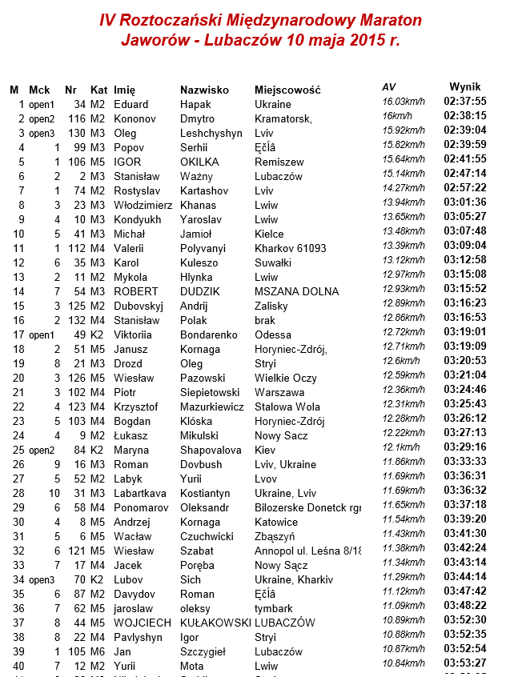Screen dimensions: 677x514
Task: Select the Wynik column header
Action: click(465, 86)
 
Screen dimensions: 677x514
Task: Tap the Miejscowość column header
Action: click(287, 90)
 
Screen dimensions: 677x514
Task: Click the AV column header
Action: click(388, 86)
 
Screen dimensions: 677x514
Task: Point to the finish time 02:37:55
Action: click(465, 102)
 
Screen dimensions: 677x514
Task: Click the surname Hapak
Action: click(195, 104)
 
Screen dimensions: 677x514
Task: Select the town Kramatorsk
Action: click(283, 118)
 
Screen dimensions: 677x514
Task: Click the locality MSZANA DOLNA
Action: click(294, 291)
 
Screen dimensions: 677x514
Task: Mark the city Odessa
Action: click(273, 334)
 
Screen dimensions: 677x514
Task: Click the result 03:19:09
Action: click(465, 347)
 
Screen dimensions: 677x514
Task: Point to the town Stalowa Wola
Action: click(287, 407)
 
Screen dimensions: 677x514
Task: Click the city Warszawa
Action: click(279, 392)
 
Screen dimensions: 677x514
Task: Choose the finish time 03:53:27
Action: click(465, 663)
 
